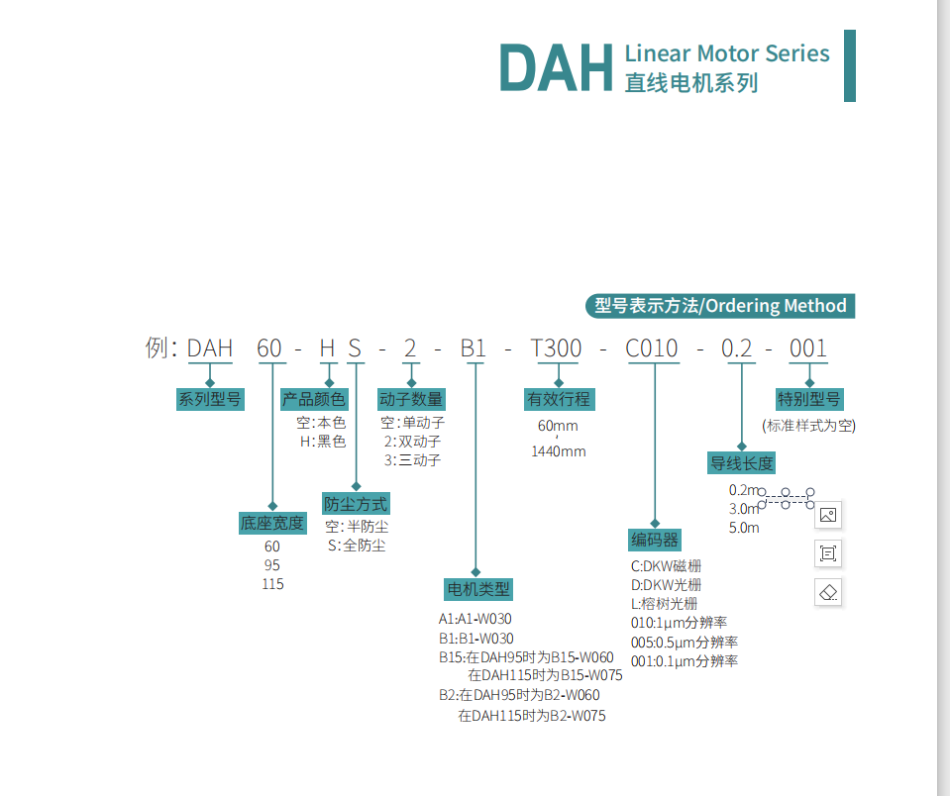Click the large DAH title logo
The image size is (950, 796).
click(x=556, y=66)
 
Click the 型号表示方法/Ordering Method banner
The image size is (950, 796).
click(x=720, y=306)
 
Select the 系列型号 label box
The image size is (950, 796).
click(x=210, y=399)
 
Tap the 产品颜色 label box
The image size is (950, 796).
click(x=314, y=399)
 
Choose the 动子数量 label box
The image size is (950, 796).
click(x=411, y=399)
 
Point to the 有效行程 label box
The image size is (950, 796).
click(x=559, y=399)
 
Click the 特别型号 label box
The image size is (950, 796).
click(x=809, y=399)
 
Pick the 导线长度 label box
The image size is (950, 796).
click(x=741, y=462)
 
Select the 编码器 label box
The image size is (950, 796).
click(x=655, y=540)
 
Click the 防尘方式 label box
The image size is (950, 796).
click(x=356, y=503)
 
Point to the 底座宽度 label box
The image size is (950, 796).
click(x=272, y=523)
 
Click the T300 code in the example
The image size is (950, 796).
click(x=557, y=348)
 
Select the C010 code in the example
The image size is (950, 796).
click(x=652, y=348)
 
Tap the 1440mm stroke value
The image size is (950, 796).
click(x=559, y=451)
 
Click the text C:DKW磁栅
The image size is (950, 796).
click(x=666, y=566)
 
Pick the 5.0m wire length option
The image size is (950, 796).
click(x=744, y=528)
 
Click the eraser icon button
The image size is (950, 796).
click(x=829, y=592)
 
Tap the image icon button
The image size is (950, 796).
click(x=829, y=515)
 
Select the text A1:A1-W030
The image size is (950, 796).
click(x=475, y=619)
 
